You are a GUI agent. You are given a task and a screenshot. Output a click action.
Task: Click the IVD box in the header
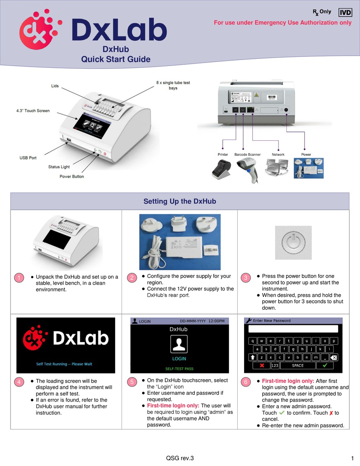click(x=345, y=13)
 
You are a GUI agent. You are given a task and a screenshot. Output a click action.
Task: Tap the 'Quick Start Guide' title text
click(x=116, y=60)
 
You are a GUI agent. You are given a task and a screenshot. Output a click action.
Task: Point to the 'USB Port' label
click(x=28, y=158)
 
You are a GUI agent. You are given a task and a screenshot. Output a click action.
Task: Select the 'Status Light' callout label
click(x=59, y=167)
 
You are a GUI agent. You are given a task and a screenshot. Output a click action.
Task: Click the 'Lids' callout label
click(x=55, y=86)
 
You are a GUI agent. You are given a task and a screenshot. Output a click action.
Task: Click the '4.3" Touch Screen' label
click(x=33, y=111)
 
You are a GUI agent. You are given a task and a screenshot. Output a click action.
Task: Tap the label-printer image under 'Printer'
click(x=222, y=169)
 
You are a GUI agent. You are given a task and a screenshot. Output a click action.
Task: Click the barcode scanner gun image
click(x=247, y=169)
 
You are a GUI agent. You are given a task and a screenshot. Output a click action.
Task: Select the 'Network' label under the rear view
click(x=278, y=155)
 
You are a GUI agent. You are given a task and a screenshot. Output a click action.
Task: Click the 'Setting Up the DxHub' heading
click(x=180, y=201)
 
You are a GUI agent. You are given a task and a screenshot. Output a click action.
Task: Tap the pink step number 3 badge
click(x=246, y=278)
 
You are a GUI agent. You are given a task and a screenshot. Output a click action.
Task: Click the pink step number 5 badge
click(x=131, y=382)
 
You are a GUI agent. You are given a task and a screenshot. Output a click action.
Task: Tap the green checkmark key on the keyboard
click(x=325, y=366)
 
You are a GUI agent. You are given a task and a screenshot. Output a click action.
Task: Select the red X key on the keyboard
click(x=261, y=366)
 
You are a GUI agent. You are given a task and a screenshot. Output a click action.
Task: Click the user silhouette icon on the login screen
click(x=179, y=344)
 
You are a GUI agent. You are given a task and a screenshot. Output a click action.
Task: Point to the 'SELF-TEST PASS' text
click(x=179, y=369)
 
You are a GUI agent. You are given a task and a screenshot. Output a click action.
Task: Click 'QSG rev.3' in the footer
click(x=180, y=458)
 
